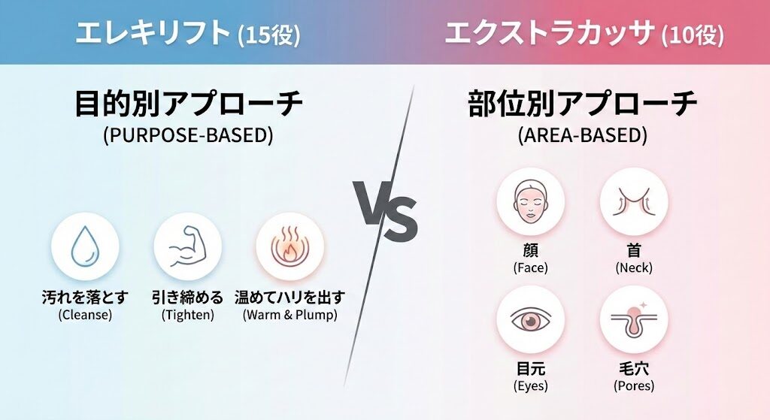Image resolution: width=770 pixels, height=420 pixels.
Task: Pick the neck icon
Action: [x=633, y=201]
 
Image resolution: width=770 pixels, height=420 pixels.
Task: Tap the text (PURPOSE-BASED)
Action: [x=188, y=136]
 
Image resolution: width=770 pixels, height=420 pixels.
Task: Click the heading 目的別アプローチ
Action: [x=188, y=104]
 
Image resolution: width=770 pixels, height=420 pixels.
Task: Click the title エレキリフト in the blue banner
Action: [x=152, y=33]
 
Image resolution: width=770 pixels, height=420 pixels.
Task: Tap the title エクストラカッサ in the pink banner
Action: [x=550, y=33]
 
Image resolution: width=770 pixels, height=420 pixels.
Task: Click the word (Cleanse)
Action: [x=85, y=315]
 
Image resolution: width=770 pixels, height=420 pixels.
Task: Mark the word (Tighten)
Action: [x=187, y=315]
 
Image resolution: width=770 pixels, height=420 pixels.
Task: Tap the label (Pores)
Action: [x=633, y=386]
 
